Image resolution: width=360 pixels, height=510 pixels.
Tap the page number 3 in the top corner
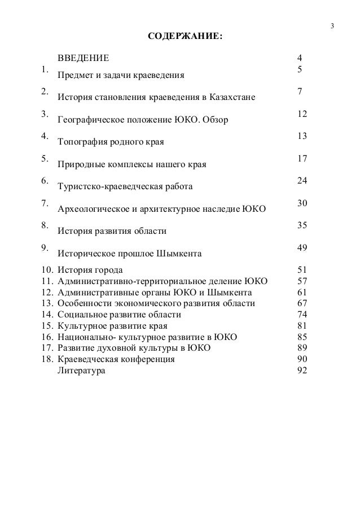332,26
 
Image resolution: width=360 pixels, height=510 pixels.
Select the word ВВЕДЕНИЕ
84,58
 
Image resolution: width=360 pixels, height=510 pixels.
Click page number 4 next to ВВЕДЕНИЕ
300,58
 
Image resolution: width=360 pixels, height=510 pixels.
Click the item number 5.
43,158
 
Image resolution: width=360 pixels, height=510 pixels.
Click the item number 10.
47,269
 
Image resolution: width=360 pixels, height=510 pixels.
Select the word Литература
81,370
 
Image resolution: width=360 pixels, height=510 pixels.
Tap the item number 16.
47,337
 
